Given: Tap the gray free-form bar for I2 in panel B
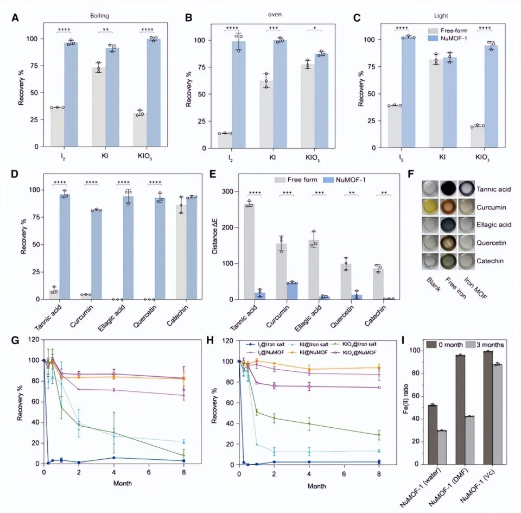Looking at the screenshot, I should click(x=225, y=140).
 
